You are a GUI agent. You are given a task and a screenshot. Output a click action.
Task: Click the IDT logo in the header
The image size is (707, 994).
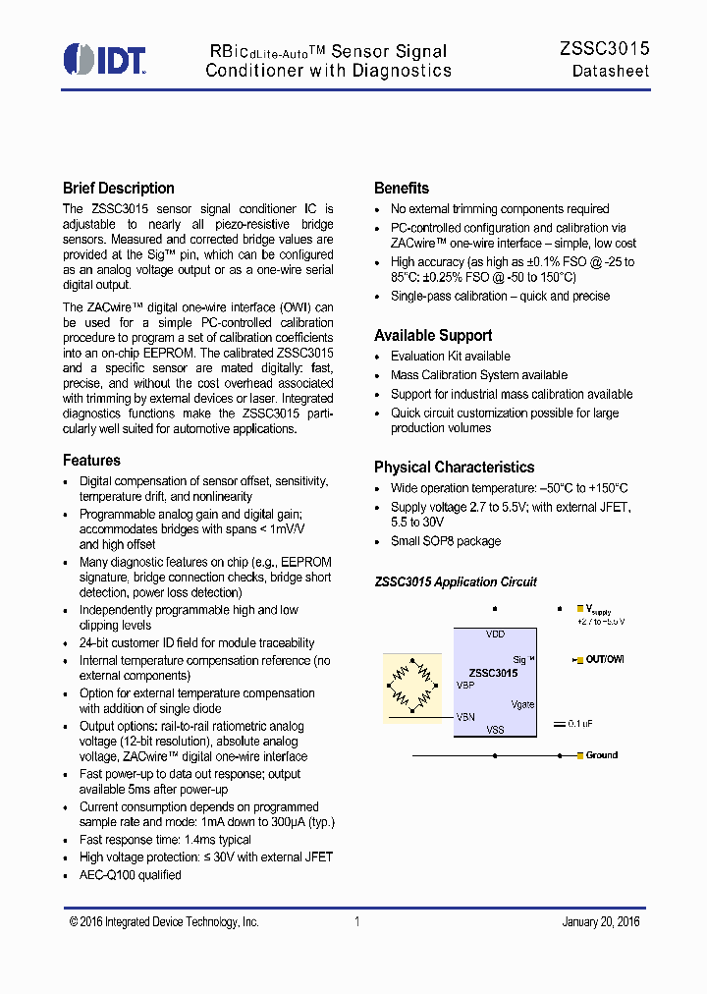coord(104,59)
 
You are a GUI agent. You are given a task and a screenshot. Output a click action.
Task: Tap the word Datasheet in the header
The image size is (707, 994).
coord(611,72)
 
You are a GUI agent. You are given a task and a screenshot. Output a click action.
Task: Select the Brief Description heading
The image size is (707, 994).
coord(118,189)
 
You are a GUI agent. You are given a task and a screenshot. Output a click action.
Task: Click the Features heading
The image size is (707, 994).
coord(91,461)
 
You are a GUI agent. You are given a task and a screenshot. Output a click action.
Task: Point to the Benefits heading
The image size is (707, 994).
coord(402,189)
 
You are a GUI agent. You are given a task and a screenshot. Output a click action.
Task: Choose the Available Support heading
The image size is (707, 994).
coord(433,336)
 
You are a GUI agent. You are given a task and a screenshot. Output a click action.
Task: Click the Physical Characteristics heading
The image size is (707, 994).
coord(454,468)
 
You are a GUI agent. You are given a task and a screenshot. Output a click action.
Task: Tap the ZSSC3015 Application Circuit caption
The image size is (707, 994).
coord(456,582)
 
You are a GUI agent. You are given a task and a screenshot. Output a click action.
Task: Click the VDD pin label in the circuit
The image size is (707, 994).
coord(495,635)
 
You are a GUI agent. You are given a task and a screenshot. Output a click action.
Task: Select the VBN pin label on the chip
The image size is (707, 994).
coord(465,717)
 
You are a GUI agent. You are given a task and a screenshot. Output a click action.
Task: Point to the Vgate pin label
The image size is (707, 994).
coord(522,704)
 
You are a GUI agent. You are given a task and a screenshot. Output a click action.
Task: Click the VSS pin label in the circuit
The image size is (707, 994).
coord(495,731)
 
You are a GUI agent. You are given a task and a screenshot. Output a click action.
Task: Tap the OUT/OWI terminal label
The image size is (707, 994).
coord(605,659)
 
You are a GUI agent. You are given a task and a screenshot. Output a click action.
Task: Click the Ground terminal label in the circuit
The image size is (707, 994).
coord(601,755)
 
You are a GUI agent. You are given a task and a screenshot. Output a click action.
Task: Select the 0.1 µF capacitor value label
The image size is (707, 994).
coord(581,724)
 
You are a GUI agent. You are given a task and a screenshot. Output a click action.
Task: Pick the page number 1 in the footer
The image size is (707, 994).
coord(357,922)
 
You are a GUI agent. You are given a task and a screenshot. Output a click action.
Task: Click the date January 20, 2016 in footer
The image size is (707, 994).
coord(600,922)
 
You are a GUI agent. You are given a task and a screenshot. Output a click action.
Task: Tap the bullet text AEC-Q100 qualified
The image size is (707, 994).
coord(130,874)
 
